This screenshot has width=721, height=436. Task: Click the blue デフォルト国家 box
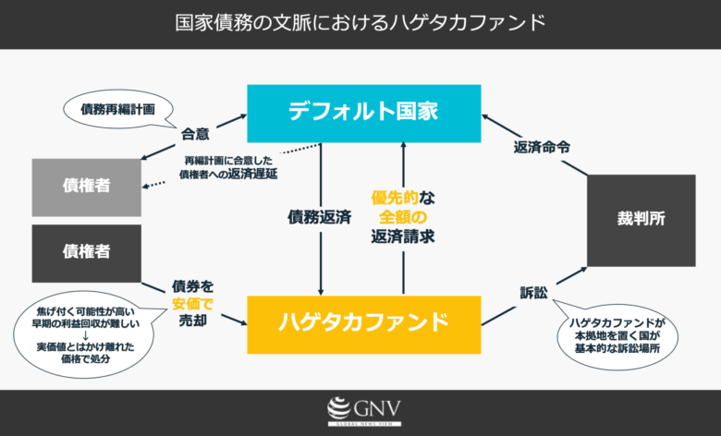pos(363,114)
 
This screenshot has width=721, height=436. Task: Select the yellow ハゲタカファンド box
pos(363,324)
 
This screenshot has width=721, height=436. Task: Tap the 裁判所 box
pos(641,220)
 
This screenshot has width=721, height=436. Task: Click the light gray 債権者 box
pos(87,187)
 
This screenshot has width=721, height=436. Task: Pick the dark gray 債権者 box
pos(87,253)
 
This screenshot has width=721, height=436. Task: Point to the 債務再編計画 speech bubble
pos(118,109)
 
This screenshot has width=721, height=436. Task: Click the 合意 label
pos(195,134)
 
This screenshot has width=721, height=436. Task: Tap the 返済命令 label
pos(542,147)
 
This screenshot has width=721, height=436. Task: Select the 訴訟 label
pos(534,293)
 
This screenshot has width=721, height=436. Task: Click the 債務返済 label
pos(320,217)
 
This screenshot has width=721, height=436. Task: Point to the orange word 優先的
pos(395,198)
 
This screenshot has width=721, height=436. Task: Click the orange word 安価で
pos(192,304)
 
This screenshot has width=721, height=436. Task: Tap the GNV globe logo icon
pos(339,407)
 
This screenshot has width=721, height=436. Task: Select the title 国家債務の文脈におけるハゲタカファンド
pos(360,23)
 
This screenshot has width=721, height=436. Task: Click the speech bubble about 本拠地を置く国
pos(617,334)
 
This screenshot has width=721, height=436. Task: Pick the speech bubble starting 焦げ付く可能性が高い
pos(85,334)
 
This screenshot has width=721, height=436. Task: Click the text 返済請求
pos(403,236)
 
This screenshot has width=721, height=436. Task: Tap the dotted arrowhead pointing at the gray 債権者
pos(146,186)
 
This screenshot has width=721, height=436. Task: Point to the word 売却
pos(192,321)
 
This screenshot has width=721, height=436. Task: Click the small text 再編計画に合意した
pos(228,161)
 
